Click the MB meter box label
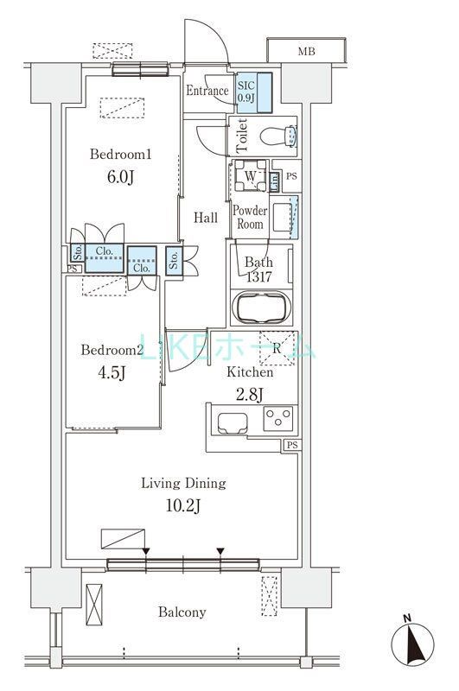pyautogui.click(x=307, y=52)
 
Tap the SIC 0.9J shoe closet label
pyautogui.click(x=246, y=92)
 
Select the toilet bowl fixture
pyautogui.click(x=278, y=136)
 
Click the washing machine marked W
pyautogui.click(x=250, y=175)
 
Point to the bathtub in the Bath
pyautogui.click(x=261, y=307)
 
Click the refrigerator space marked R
pyautogui.click(x=277, y=348)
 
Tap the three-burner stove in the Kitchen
pyautogui.click(x=277, y=418)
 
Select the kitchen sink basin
pyautogui.click(x=233, y=422)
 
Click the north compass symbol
pyautogui.click(x=412, y=642)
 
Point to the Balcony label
pyautogui.click(x=182, y=612)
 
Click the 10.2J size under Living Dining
pyautogui.click(x=183, y=505)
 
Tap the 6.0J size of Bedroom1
pyautogui.click(x=120, y=177)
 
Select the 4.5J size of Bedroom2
pyautogui.click(x=112, y=373)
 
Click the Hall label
pyautogui.click(x=206, y=218)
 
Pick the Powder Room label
pyautogui.click(x=250, y=217)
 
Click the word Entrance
pyautogui.click(x=207, y=91)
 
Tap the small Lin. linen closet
pyautogui.click(x=274, y=181)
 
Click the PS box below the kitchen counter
pyautogui.click(x=292, y=445)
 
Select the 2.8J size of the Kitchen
pyautogui.click(x=250, y=395)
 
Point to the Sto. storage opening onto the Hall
pyautogui.click(x=174, y=261)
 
